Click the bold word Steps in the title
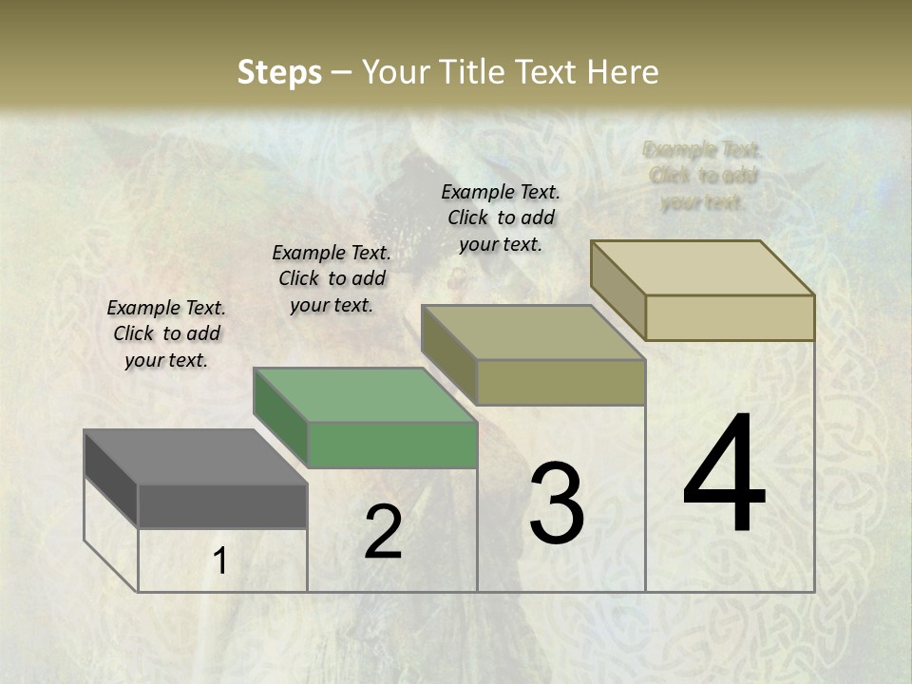coord(279,72)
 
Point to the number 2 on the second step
coord(383,532)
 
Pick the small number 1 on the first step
coord(220,561)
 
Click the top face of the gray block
coord(195,457)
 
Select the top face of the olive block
coord(534,332)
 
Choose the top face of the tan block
coord(703,268)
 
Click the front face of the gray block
coord(222,505)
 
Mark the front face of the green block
coord(392,445)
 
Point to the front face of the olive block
coord(560,382)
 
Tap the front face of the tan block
coord(730,317)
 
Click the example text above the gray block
coord(166,333)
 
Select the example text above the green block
coord(332,278)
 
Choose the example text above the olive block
coord(501,218)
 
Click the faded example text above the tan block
coord(703,176)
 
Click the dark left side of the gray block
coord(111,477)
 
